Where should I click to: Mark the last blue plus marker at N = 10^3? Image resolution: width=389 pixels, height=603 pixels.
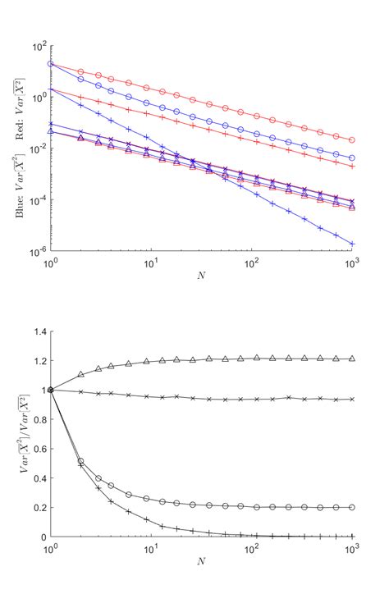pos(352,244)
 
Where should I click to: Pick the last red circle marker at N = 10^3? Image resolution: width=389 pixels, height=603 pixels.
pos(352,140)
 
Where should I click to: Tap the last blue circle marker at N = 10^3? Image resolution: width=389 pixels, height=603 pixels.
pos(352,158)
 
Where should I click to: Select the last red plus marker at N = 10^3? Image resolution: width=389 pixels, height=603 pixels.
pos(352,167)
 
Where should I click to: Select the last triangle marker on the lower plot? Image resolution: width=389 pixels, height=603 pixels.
pos(352,359)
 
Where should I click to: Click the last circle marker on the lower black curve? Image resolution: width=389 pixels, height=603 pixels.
pos(352,507)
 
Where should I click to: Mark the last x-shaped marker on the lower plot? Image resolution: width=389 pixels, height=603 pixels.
pos(352,400)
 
